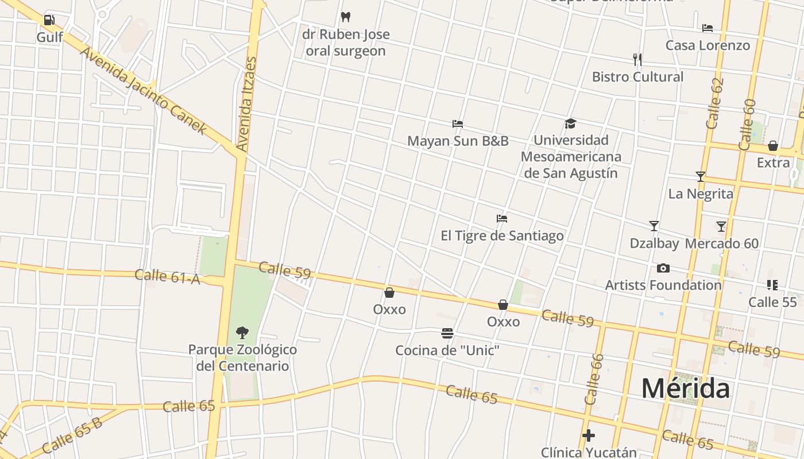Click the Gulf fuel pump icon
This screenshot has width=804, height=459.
pyautogui.click(x=49, y=20)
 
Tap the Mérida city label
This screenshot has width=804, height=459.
pyautogui.click(x=686, y=388)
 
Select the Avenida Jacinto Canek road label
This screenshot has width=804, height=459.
pyautogui.click(x=143, y=91)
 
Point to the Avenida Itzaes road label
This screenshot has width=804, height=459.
pyautogui.click(x=245, y=104)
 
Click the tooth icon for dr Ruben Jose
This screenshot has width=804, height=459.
pyautogui.click(x=346, y=17)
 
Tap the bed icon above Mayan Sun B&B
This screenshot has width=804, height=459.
pyautogui.click(x=458, y=123)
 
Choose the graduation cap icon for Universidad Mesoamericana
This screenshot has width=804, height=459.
pyautogui.click(x=570, y=123)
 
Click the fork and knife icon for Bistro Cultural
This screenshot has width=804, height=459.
pyautogui.click(x=637, y=59)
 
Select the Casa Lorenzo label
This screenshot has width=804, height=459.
pyautogui.click(x=708, y=45)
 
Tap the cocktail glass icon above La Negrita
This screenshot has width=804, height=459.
pyautogui.click(x=700, y=176)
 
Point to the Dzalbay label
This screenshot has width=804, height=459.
pyautogui.click(x=654, y=243)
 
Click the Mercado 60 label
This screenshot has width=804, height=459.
pyautogui.click(x=722, y=243)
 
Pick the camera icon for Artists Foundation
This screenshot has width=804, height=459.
pyautogui.click(x=663, y=268)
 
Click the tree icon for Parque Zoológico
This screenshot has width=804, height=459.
pyautogui.click(x=242, y=332)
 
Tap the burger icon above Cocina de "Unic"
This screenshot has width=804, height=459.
pyautogui.click(x=447, y=333)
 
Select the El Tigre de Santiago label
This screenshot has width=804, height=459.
pyautogui.click(x=502, y=236)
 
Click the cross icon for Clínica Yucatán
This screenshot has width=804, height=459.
pyautogui.click(x=589, y=435)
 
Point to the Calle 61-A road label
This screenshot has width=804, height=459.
pyautogui.click(x=167, y=276)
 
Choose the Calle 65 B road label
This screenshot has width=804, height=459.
pyautogui.click(x=71, y=435)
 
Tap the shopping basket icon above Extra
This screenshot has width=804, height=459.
pyautogui.click(x=773, y=146)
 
